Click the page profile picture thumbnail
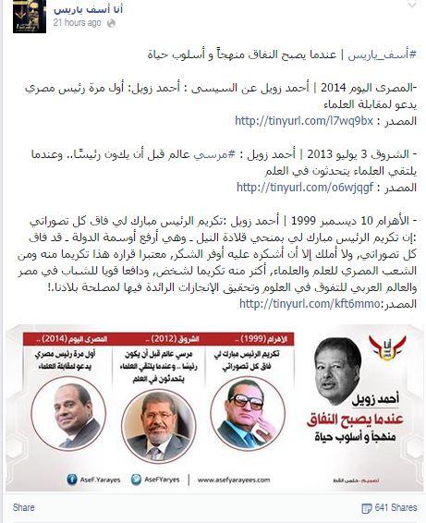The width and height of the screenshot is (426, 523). (29, 17)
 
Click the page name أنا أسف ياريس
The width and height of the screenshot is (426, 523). (82, 9)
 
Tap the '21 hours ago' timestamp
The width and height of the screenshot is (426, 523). (77, 23)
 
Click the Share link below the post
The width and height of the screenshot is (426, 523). (24, 507)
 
